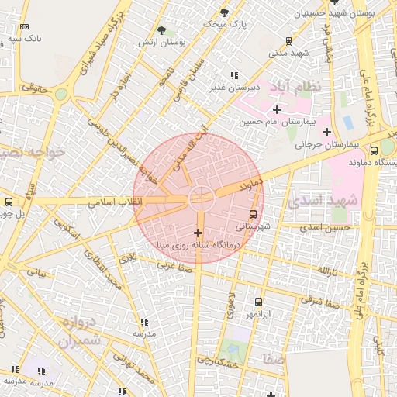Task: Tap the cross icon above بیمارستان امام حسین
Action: click(277, 109)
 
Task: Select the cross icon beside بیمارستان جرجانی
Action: click(326, 132)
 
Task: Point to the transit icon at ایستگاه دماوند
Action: click(375, 150)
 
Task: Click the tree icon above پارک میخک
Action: click(225, 12)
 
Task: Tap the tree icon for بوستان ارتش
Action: click(161, 30)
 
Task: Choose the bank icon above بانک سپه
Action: click(24, 26)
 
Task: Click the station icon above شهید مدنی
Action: click(289, 42)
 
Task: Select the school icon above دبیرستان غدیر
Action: click(234, 75)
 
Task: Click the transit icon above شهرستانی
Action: click(254, 214)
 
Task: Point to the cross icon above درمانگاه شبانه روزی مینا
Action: click(198, 233)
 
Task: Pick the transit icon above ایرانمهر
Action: click(258, 302)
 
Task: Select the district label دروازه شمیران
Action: click(79, 331)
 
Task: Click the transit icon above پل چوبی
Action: click(9, 202)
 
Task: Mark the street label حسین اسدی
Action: click(326, 227)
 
